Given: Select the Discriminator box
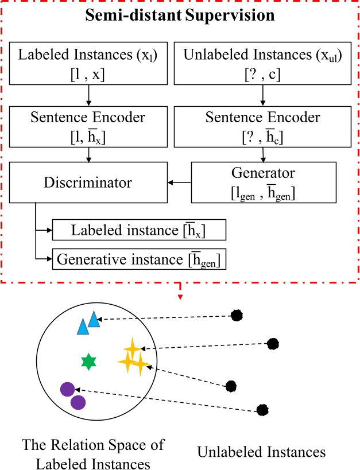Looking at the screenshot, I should [x=90, y=182].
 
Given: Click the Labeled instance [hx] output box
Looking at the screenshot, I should [x=139, y=230].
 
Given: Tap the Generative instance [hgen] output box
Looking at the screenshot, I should [x=139, y=259].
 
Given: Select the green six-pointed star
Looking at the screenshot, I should [x=88, y=361].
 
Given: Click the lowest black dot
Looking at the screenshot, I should [x=262, y=410].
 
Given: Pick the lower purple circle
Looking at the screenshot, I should [x=78, y=402].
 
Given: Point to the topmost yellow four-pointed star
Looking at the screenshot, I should [x=131, y=348].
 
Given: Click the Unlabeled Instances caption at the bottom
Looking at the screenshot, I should [x=261, y=452].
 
